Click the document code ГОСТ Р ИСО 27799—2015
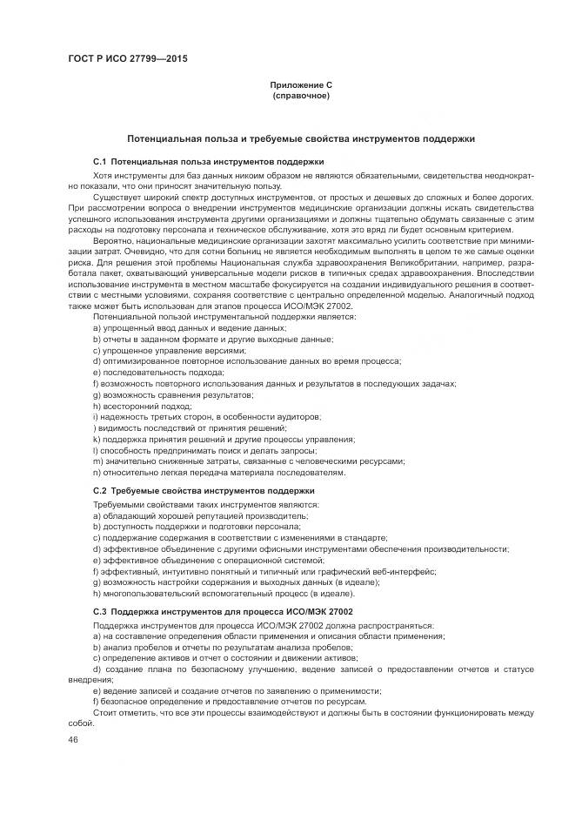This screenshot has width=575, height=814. coord(128,59)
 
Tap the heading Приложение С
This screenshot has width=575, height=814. coord(301,84)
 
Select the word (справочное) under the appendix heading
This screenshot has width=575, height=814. coord(301,95)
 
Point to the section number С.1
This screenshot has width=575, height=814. coord(99,162)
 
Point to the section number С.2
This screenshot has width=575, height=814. coord(99,491)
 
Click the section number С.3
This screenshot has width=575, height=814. coord(99,613)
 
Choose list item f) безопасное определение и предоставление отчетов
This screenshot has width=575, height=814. coord(230,702)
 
